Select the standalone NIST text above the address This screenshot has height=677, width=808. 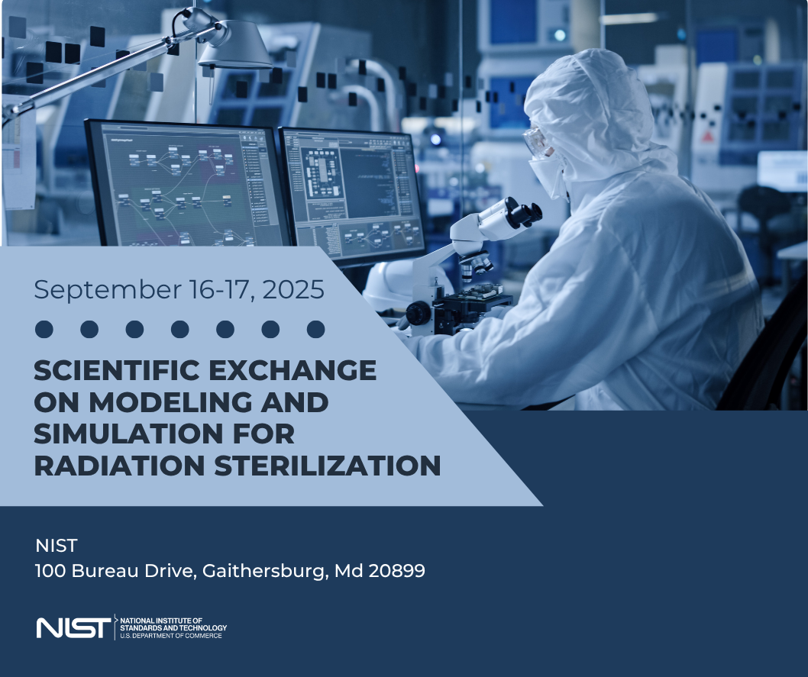tap(57, 546)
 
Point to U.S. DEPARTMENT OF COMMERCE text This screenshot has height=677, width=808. tap(171, 636)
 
